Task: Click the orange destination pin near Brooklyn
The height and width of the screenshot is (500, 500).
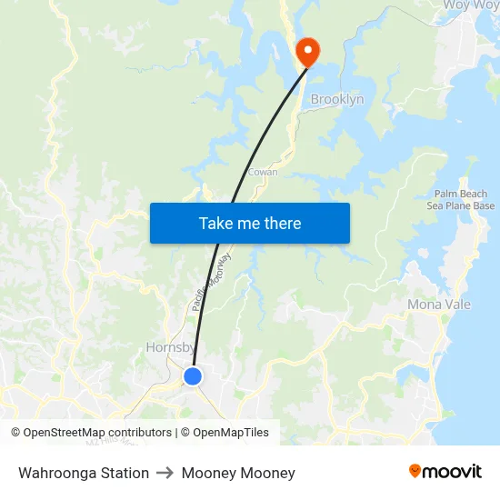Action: pos(306,50)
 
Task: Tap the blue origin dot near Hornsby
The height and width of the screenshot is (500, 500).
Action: pos(193,375)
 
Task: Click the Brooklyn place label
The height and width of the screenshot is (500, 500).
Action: pos(337,99)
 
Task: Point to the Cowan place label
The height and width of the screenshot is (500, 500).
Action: pos(263,171)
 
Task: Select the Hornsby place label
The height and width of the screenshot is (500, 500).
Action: pos(169,347)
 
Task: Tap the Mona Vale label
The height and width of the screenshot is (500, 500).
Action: pos(439,305)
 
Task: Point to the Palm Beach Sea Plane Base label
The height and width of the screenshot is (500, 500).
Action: pos(461,200)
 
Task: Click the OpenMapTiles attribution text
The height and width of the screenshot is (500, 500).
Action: pos(231,433)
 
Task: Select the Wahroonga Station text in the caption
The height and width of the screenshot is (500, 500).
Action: pos(84,473)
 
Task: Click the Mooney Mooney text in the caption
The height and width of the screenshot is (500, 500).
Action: pos(238,473)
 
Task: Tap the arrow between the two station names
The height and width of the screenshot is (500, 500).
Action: pos(165,473)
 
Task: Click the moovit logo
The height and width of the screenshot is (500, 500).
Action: pos(445,471)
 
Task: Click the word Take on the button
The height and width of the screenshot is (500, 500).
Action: pos(216,223)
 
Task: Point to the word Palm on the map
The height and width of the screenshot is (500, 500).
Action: pos(447,195)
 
